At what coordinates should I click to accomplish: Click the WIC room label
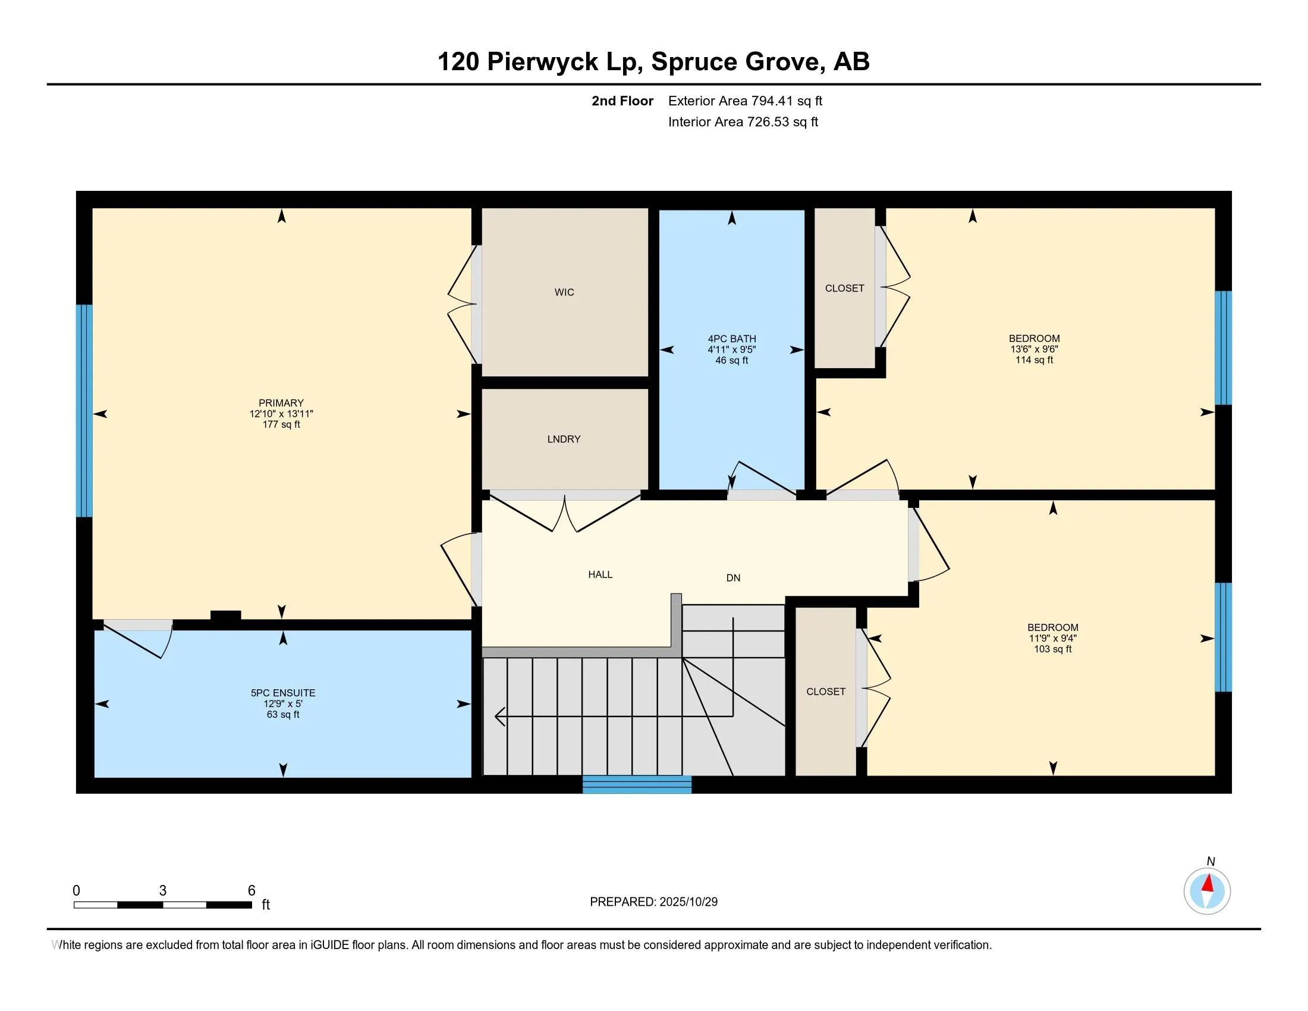pyautogui.click(x=564, y=292)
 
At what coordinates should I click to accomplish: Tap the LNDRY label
pyautogui.click(x=564, y=439)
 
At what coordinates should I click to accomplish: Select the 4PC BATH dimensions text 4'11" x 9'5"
pyautogui.click(x=731, y=350)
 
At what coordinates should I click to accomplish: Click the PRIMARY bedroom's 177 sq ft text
pyautogui.click(x=281, y=425)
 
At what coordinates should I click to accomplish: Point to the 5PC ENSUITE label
pyautogui.click(x=282, y=693)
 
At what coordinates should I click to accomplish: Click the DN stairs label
pyautogui.click(x=733, y=578)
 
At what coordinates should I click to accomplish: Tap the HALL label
pyautogui.click(x=600, y=574)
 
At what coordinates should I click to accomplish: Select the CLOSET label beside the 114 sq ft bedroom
pyautogui.click(x=844, y=288)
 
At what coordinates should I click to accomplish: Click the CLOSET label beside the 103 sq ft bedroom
pyautogui.click(x=825, y=691)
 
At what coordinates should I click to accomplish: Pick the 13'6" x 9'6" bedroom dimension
pyautogui.click(x=1034, y=349)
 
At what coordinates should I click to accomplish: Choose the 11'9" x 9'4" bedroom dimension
pyautogui.click(x=1052, y=639)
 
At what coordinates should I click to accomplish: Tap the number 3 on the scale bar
pyautogui.click(x=162, y=891)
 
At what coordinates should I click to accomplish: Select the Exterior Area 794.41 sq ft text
pyautogui.click(x=745, y=101)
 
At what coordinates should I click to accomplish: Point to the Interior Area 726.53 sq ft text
pyautogui.click(x=743, y=121)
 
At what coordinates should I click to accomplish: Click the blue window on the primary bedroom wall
pyautogui.click(x=84, y=410)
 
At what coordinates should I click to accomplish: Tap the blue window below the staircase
pyautogui.click(x=637, y=784)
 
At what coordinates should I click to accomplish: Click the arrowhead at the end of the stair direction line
pyautogui.click(x=499, y=715)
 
